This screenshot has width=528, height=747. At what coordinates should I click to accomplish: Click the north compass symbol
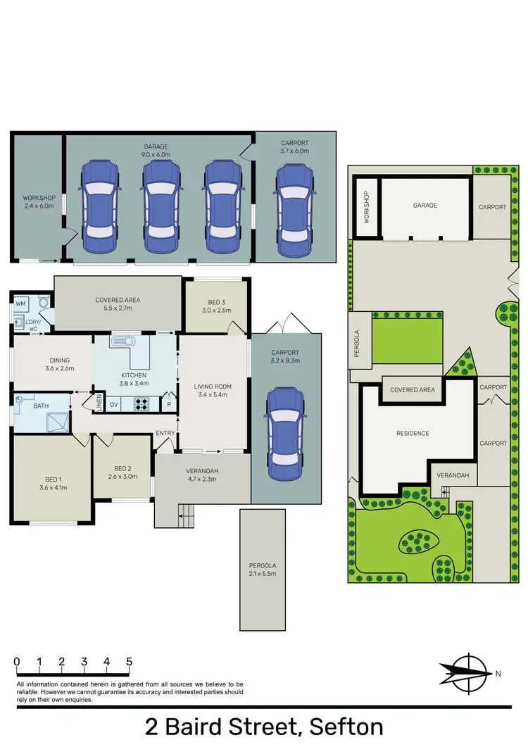tap(467, 673)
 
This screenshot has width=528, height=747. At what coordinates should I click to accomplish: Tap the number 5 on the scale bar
tap(129, 662)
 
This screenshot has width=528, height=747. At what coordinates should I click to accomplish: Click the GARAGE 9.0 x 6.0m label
tap(158, 150)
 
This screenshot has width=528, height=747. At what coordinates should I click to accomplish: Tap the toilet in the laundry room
tap(44, 303)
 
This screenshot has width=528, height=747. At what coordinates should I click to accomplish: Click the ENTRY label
tap(165, 433)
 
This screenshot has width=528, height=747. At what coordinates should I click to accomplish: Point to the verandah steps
tap(185, 517)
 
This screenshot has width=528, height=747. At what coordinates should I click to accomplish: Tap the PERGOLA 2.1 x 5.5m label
tap(262, 570)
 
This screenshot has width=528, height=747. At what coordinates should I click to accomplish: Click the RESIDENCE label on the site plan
tap(413, 433)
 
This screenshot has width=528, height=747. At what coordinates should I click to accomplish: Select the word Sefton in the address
tap(341, 726)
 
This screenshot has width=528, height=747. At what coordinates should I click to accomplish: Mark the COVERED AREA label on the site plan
tap(413, 389)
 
